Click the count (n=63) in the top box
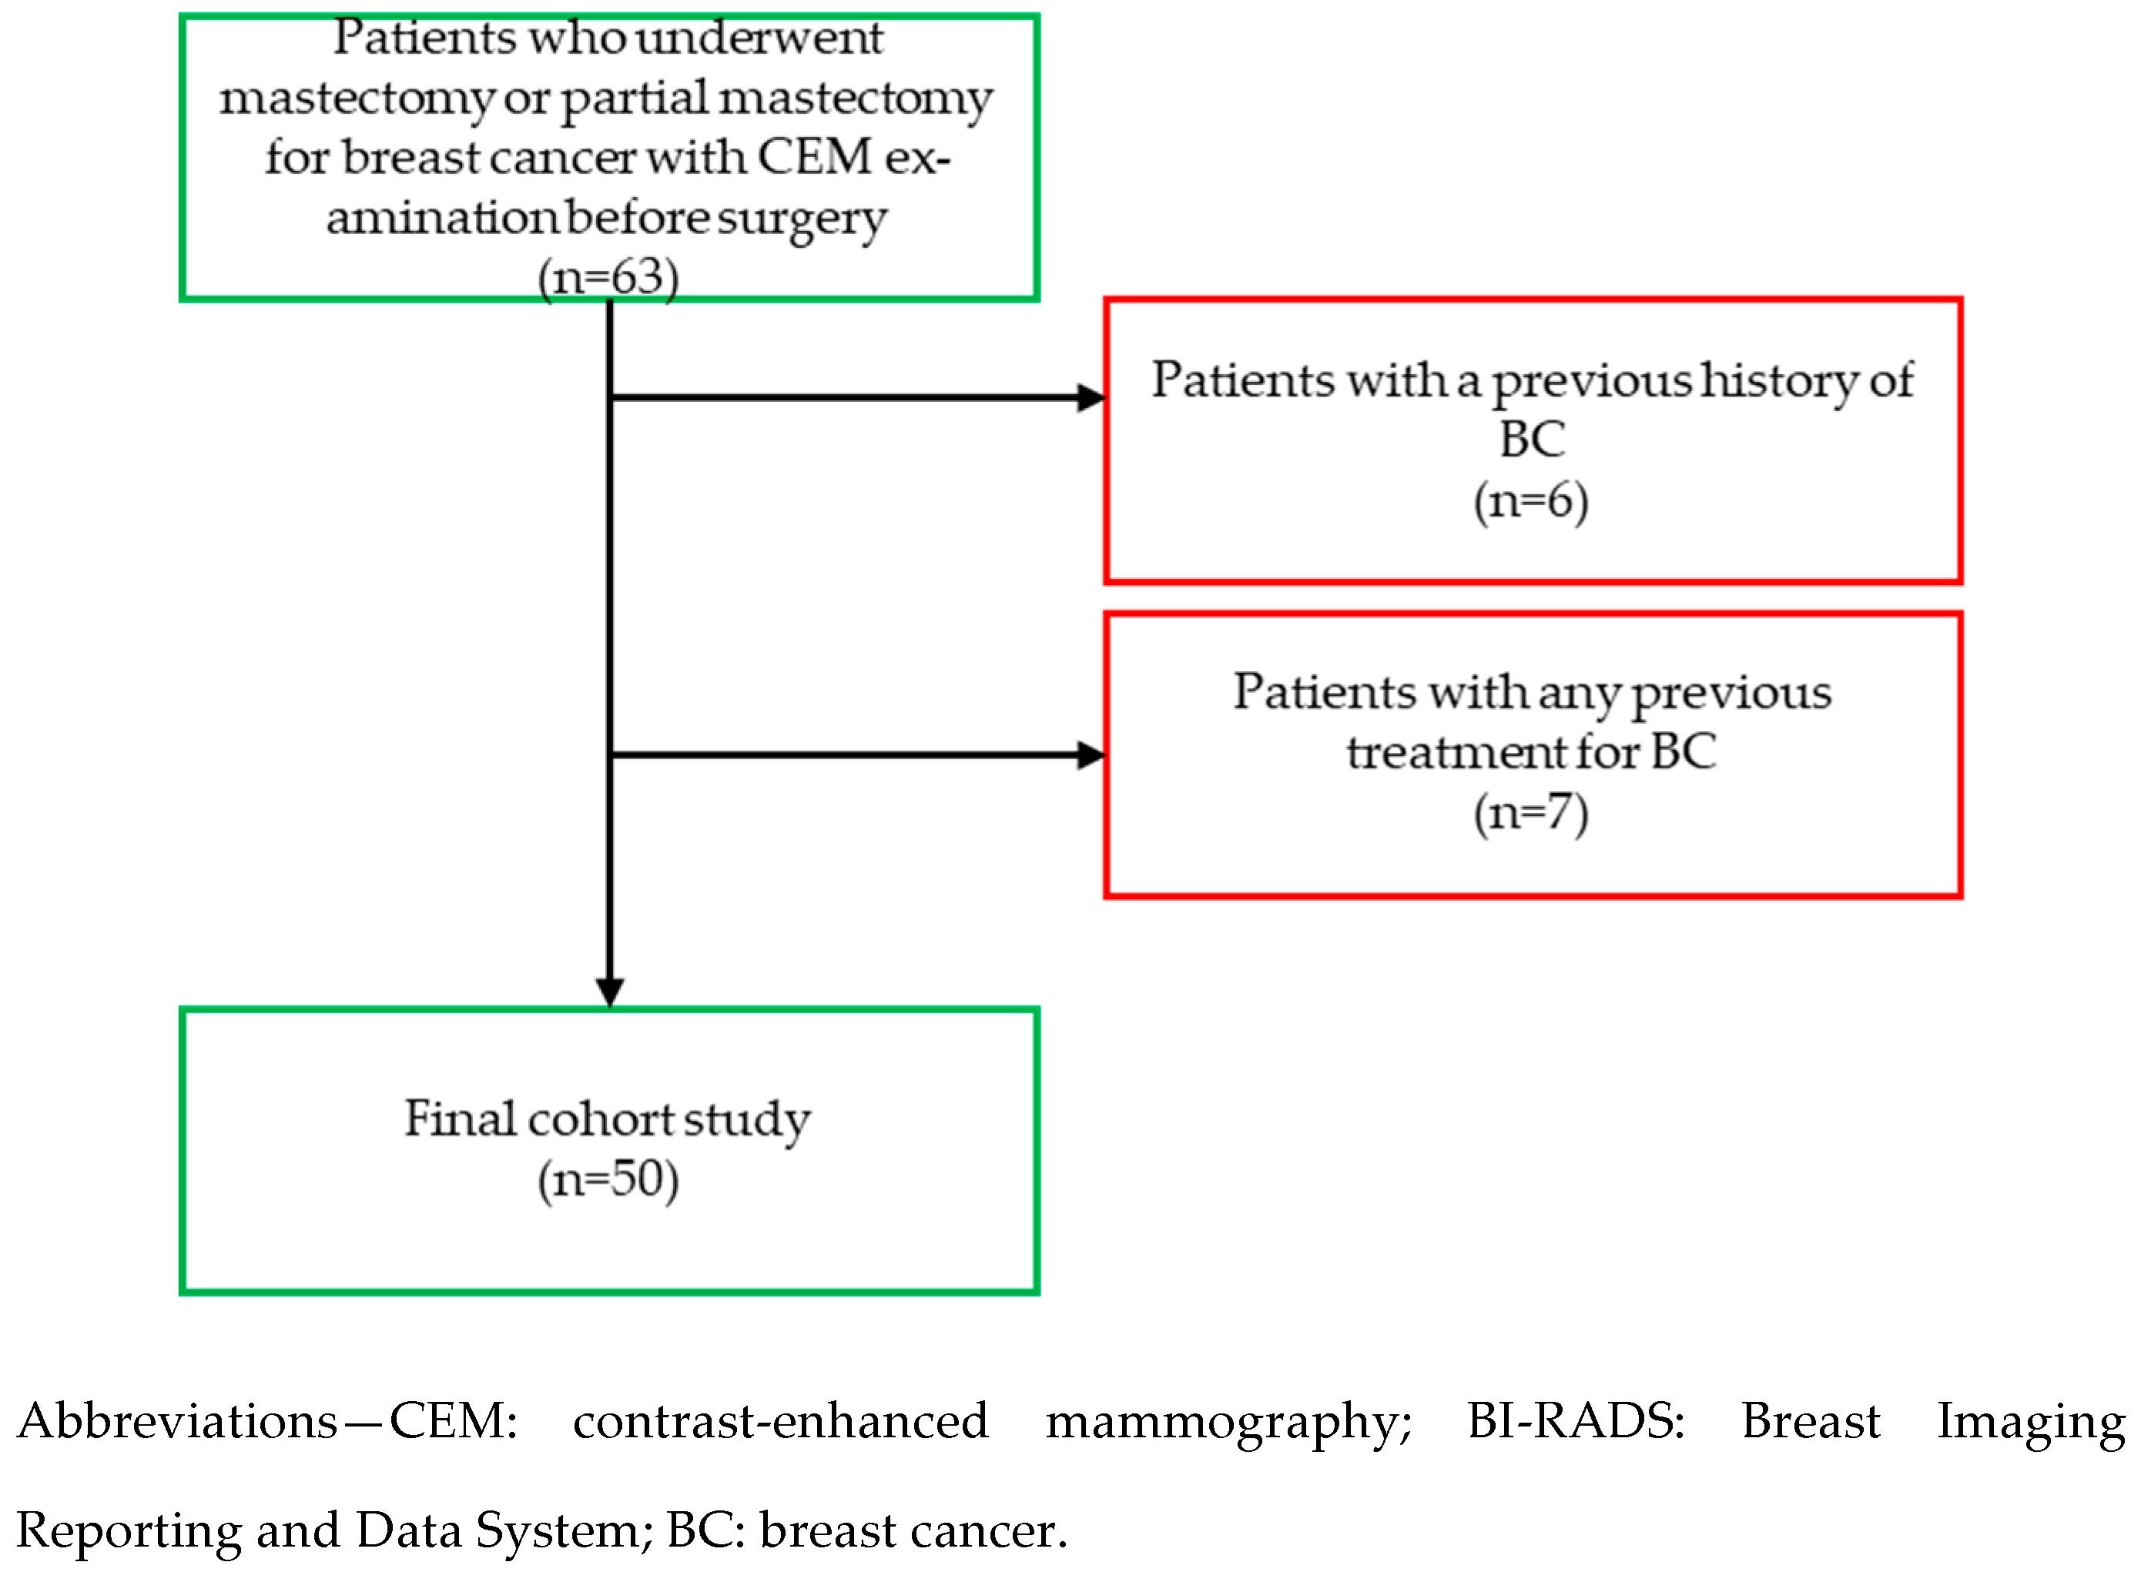coord(608,279)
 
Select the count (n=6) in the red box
coord(1531,501)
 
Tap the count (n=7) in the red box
coord(1531,814)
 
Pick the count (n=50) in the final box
coord(608,1180)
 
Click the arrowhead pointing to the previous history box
coord(1091,398)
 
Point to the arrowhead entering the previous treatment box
coord(1091,755)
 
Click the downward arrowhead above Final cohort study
coord(609,992)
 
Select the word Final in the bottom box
coord(461,1119)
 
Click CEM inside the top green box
coord(815,157)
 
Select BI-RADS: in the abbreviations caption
coord(1576,1423)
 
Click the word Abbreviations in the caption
coord(177,1423)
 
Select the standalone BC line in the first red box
coord(1532,440)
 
